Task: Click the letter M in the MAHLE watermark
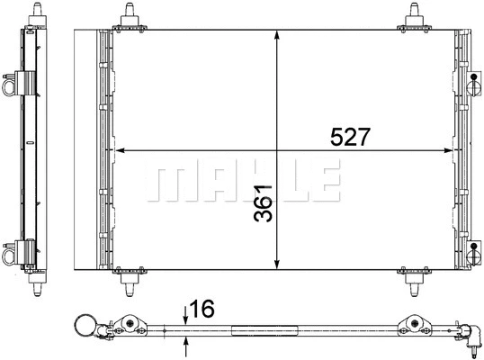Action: [168, 183]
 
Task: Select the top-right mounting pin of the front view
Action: [416, 13]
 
